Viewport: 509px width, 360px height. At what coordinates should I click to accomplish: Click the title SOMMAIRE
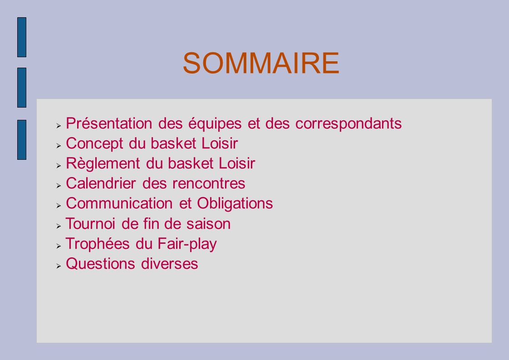(x=261, y=63)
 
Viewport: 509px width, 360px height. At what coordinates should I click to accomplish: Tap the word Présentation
(x=109, y=123)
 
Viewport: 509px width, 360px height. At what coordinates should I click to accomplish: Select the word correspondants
(x=348, y=124)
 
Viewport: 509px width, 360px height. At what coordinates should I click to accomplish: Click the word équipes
(x=215, y=124)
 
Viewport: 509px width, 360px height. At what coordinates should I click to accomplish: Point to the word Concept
(x=94, y=144)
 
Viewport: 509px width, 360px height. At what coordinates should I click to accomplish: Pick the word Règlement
(x=103, y=164)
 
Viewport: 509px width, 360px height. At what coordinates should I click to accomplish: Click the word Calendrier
(x=101, y=183)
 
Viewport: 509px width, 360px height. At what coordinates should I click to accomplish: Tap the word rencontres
(x=209, y=184)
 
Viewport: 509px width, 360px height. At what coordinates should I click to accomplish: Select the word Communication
(x=119, y=203)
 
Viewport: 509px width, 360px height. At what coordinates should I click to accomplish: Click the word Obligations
(x=235, y=204)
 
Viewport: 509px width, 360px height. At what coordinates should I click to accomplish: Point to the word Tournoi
(x=91, y=224)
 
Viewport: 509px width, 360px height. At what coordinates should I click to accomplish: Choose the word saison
(x=208, y=224)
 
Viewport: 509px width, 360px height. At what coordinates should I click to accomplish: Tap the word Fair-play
(x=187, y=244)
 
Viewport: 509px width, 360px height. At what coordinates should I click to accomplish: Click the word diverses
(x=170, y=263)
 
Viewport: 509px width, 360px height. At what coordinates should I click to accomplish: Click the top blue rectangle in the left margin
(x=22, y=37)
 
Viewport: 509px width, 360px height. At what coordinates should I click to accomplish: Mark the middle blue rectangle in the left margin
(x=22, y=88)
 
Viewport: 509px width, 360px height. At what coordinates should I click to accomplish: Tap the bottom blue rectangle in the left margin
(x=22, y=140)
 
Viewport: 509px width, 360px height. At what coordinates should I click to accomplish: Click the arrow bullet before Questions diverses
(x=59, y=266)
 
